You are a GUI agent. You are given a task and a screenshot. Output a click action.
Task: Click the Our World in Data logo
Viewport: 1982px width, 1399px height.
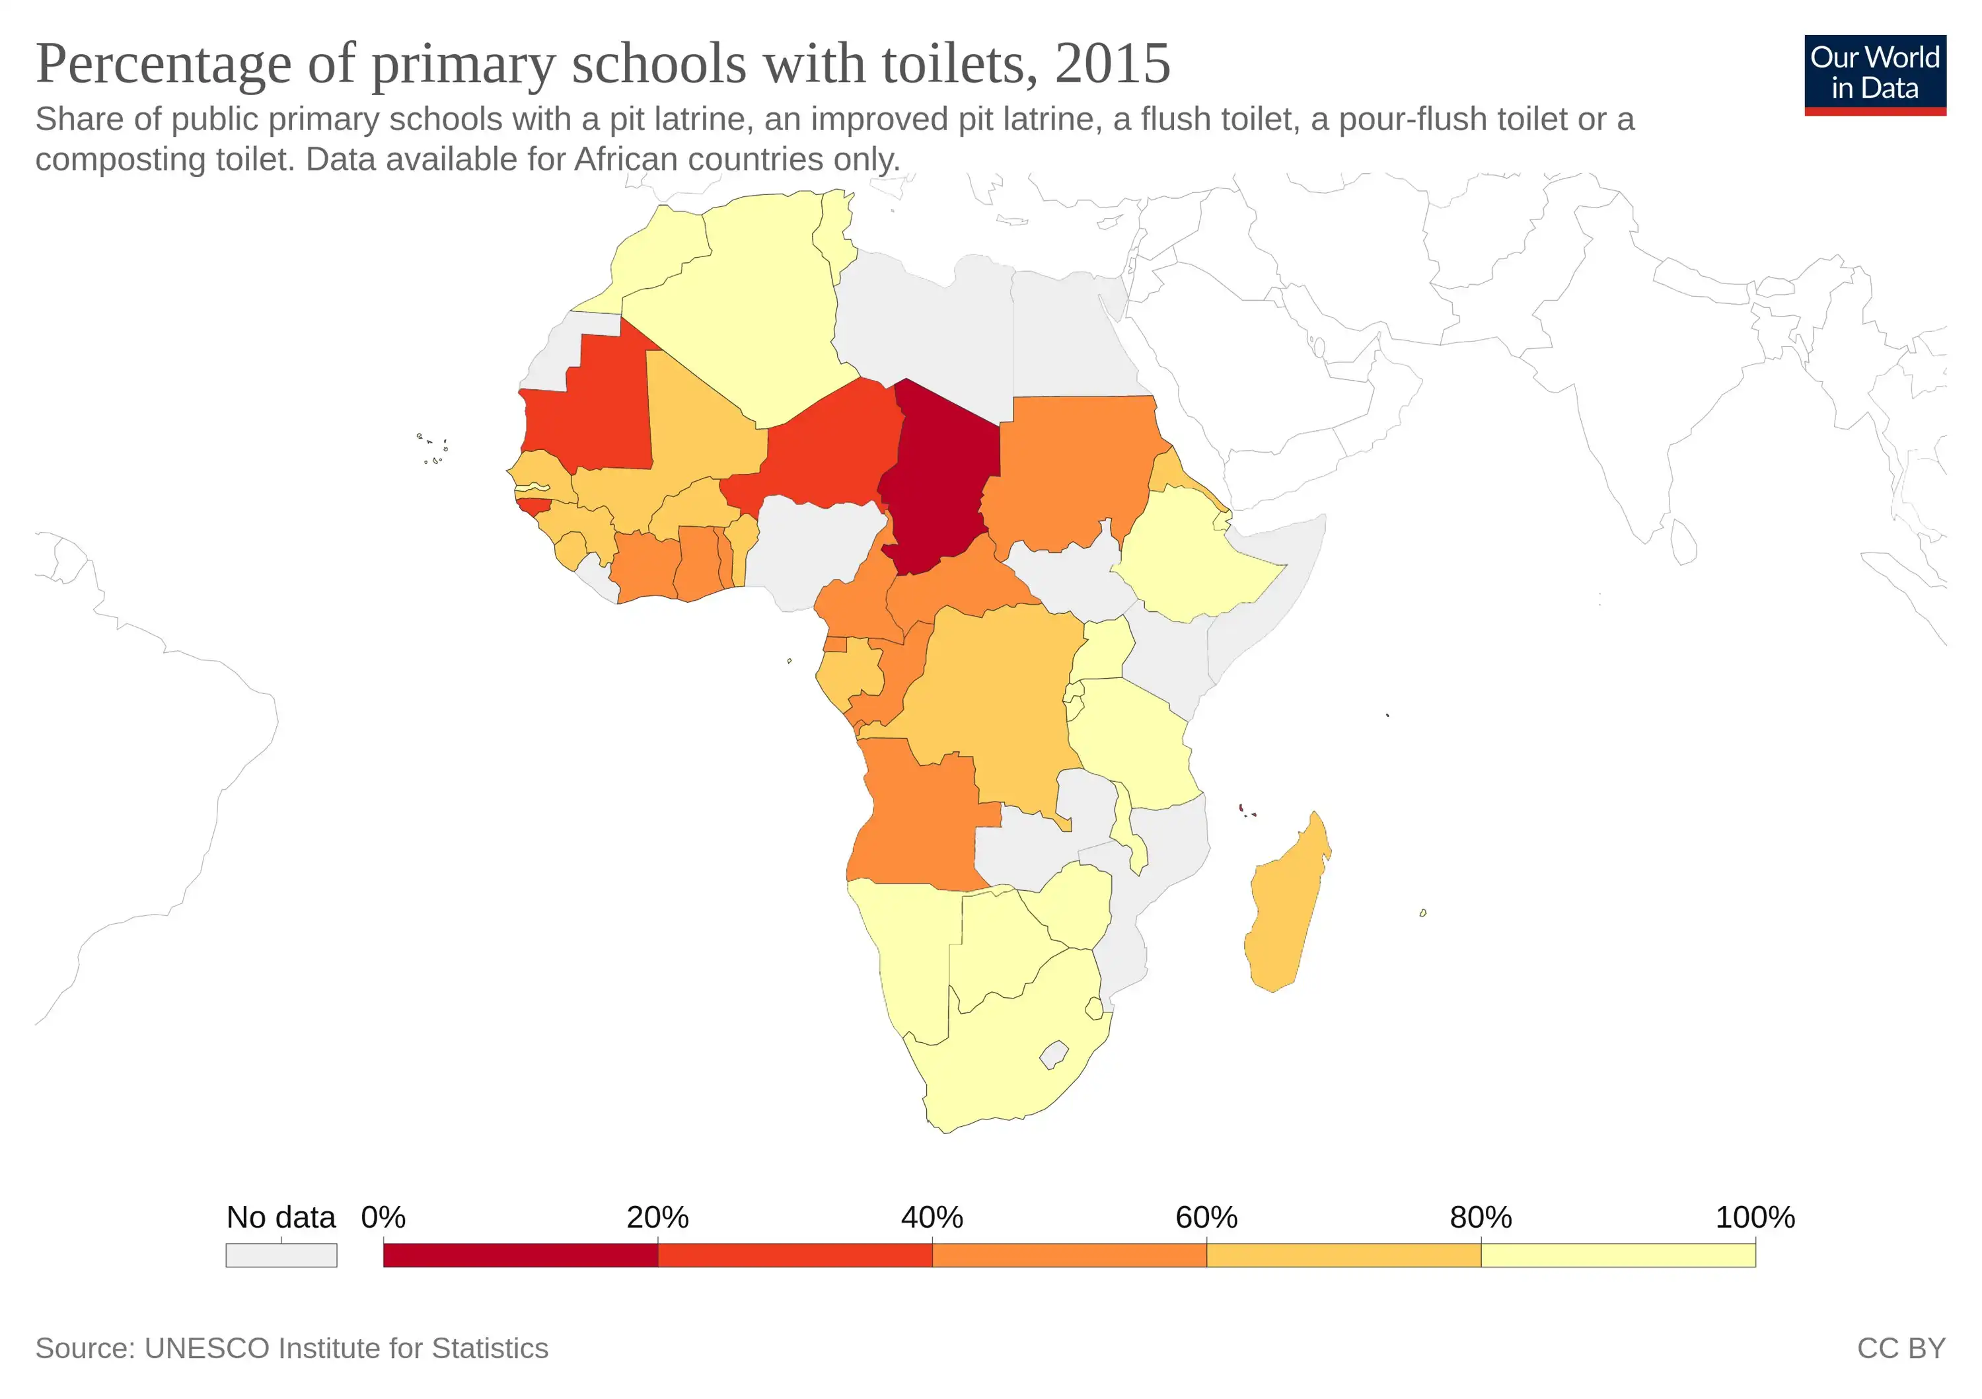coord(1874,74)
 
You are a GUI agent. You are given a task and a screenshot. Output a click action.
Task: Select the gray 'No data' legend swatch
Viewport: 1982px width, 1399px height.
coord(281,1255)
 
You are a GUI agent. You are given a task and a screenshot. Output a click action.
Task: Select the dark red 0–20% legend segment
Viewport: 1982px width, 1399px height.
coord(520,1255)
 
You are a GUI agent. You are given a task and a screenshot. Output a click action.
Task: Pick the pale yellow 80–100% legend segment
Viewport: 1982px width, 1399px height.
coord(1618,1255)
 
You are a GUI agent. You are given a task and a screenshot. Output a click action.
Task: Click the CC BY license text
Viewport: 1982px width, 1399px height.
coord(1901,1348)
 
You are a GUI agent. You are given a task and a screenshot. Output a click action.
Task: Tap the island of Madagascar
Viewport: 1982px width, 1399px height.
coord(1286,907)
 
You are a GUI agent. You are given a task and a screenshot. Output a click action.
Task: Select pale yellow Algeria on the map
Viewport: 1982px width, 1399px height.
coord(751,302)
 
